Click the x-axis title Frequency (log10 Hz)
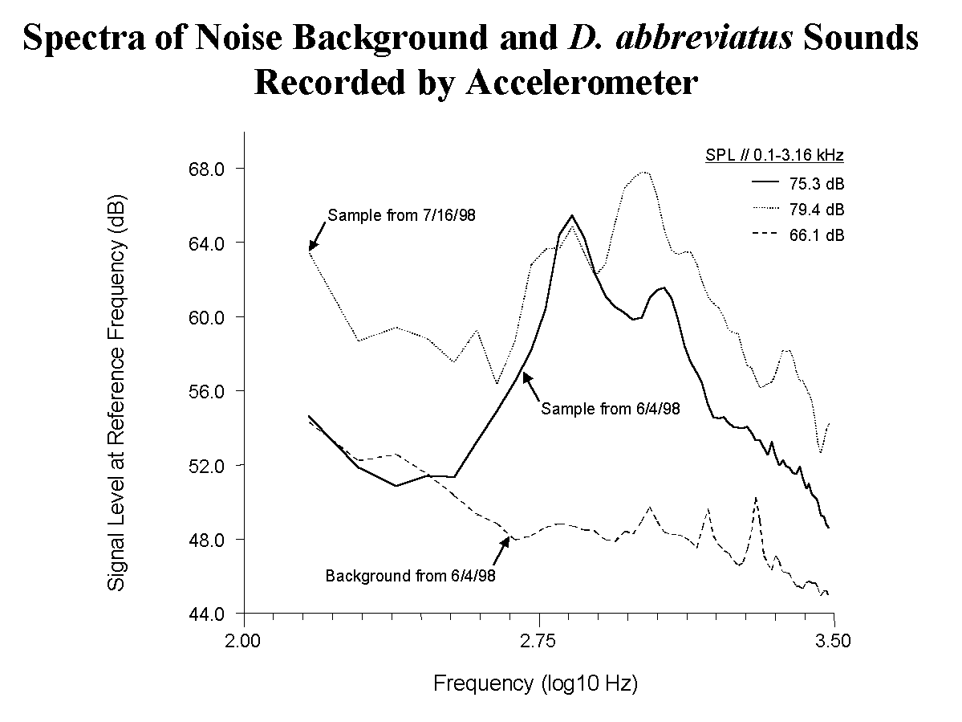535,684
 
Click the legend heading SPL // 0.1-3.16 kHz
769,153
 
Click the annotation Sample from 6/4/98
611,409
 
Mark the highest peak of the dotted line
644,172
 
